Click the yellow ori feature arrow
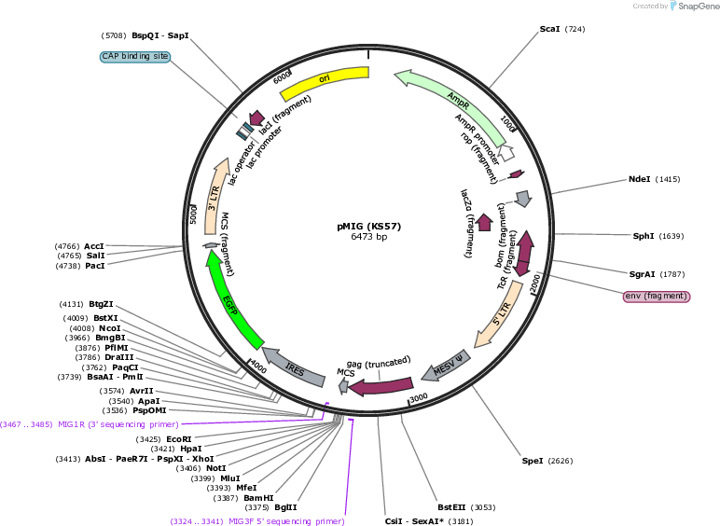tap(325, 81)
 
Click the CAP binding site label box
tap(135, 57)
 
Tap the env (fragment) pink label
tap(657, 296)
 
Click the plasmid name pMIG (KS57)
tap(368, 227)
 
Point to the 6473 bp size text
tap(368, 237)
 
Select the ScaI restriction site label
tap(549, 29)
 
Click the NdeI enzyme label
tap(639, 179)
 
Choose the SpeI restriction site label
tap(533, 461)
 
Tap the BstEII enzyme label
tap(451, 507)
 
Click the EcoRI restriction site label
tap(179, 439)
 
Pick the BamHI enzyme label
tap(258, 498)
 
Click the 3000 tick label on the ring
tap(419, 397)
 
